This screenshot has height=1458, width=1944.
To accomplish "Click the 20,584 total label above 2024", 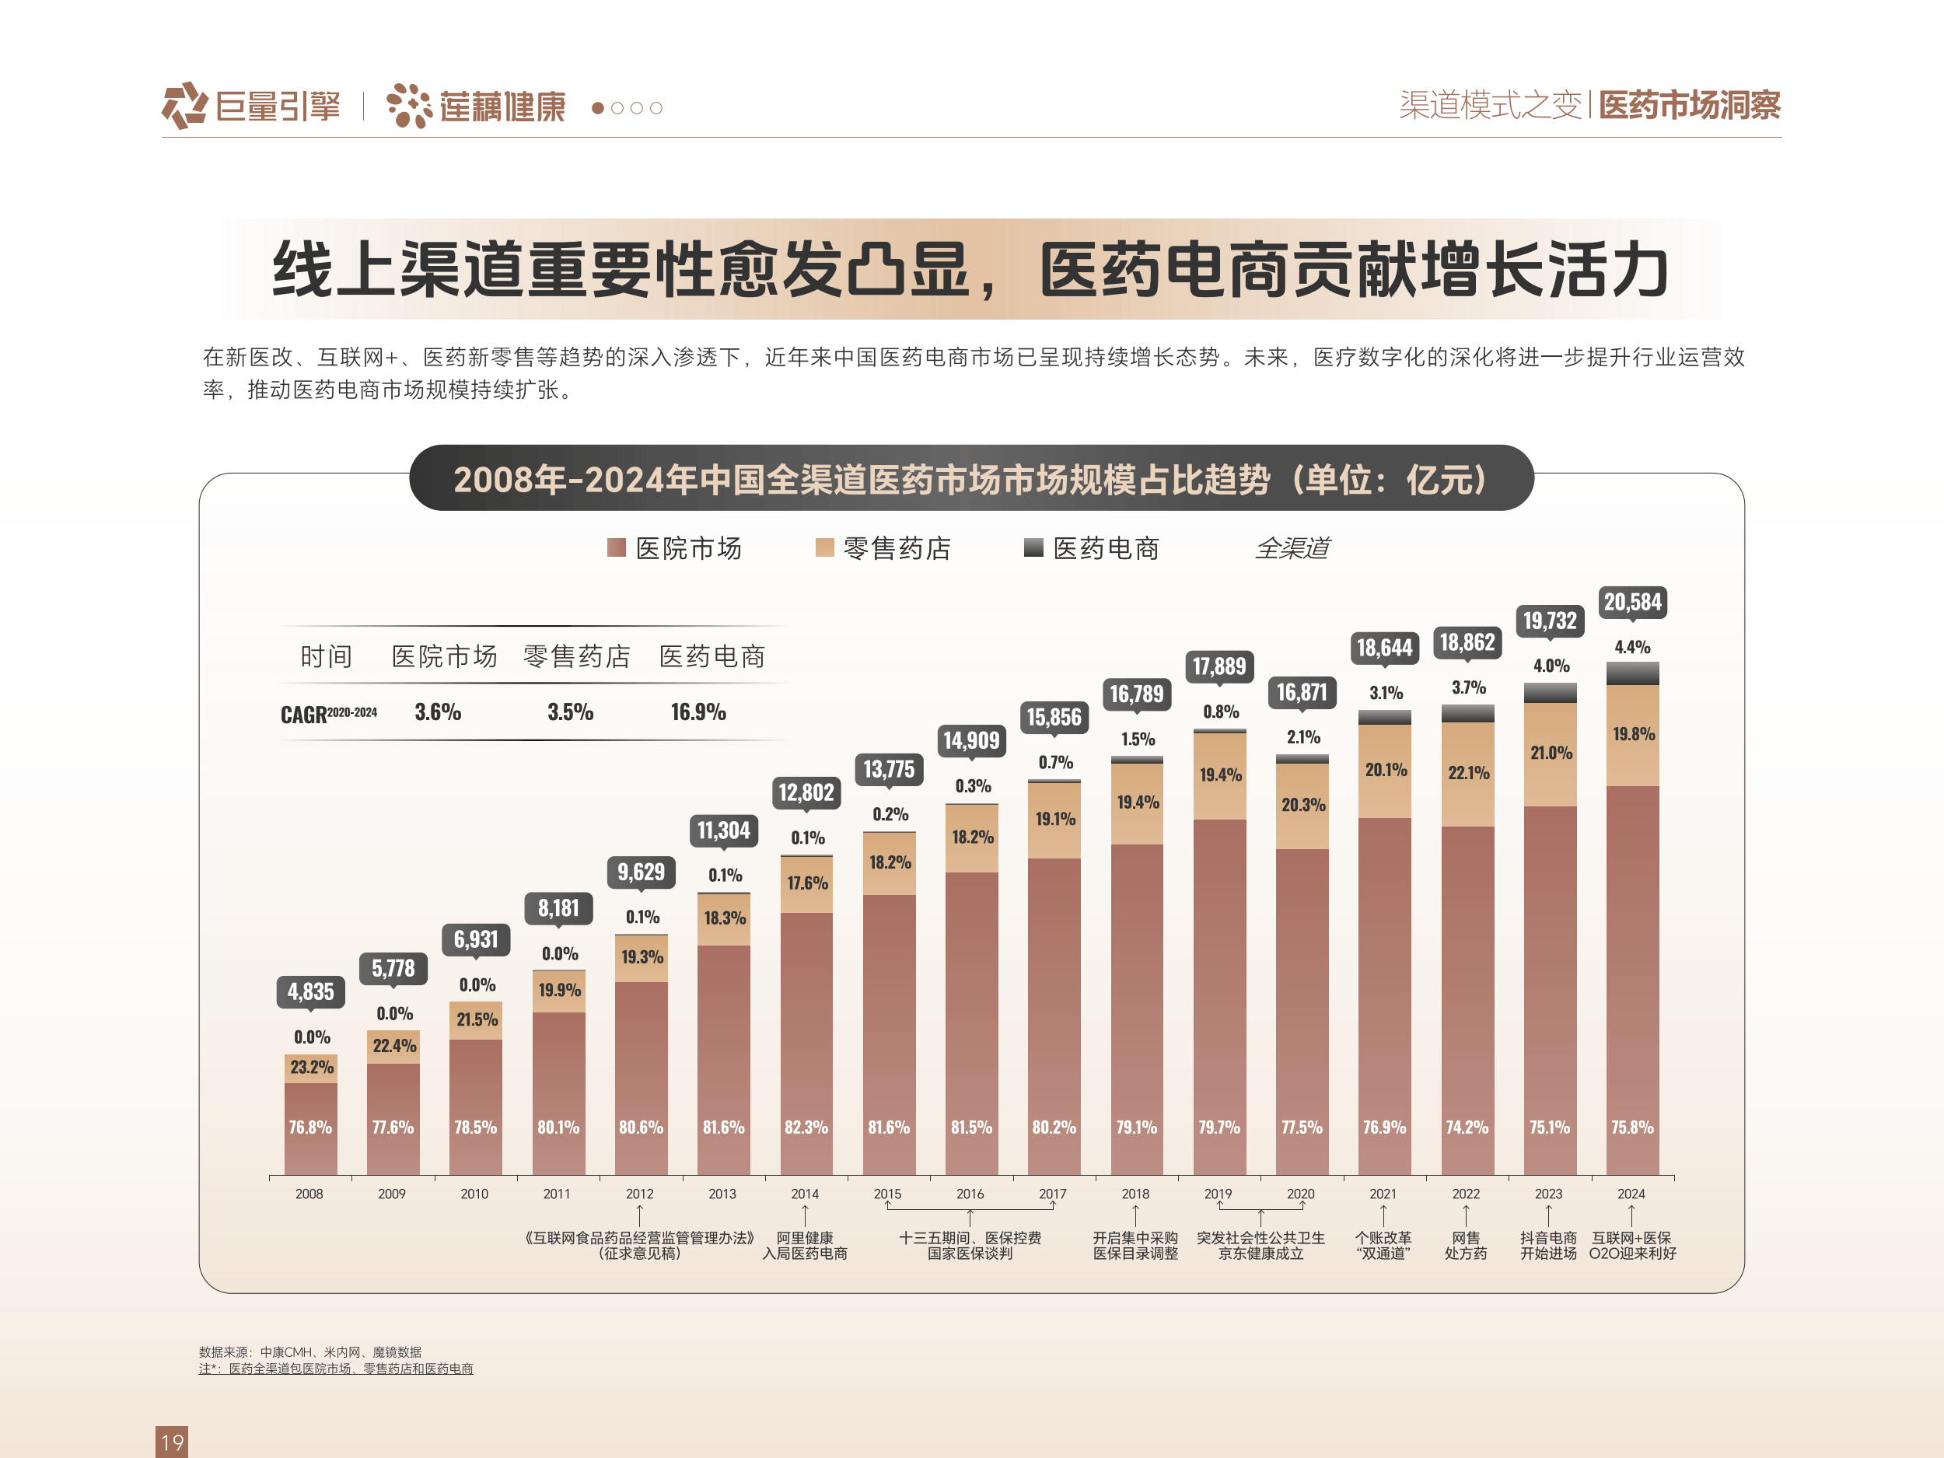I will pyautogui.click(x=1632, y=602).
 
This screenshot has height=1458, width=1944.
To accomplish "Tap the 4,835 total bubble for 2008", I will pyautogui.click(x=310, y=991).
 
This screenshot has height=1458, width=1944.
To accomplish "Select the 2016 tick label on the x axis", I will pyautogui.click(x=970, y=1194).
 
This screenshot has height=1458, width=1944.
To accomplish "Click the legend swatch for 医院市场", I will pyautogui.click(x=616, y=547).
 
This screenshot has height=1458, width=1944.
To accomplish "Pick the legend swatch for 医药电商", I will pyautogui.click(x=1033, y=547).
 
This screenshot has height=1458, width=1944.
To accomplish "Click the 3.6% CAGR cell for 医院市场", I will pyautogui.click(x=438, y=712).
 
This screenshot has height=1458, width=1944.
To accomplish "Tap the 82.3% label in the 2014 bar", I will pyautogui.click(x=806, y=1127).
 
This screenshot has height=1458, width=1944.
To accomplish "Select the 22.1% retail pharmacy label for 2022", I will pyautogui.click(x=1467, y=772).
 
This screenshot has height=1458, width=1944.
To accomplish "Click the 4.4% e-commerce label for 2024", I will pyautogui.click(x=1632, y=647).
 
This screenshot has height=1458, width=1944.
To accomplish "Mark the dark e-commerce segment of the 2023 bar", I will pyautogui.click(x=1550, y=693).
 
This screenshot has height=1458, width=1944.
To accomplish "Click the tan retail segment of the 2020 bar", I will pyautogui.click(x=1302, y=805).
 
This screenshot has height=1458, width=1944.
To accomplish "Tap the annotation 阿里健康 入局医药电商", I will pyautogui.click(x=804, y=1245).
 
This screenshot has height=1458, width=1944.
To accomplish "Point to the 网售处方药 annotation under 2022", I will pyautogui.click(x=1465, y=1245).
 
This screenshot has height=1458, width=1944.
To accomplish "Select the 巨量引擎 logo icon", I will pyautogui.click(x=184, y=106).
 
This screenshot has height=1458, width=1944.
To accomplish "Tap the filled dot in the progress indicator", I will pyautogui.click(x=598, y=108).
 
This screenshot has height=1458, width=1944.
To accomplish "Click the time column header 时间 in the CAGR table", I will pyautogui.click(x=326, y=656).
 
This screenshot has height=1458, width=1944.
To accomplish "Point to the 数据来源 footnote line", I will pyautogui.click(x=309, y=1351).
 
